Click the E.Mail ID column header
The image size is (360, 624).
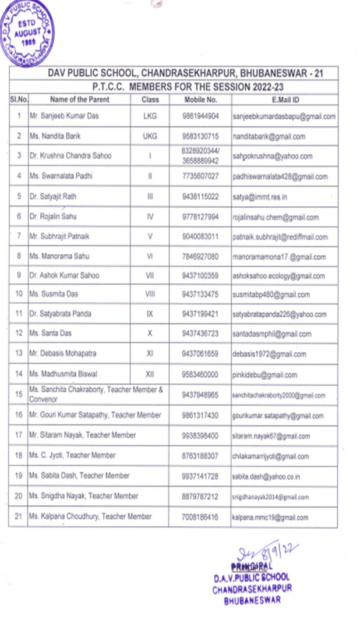tap(284, 100)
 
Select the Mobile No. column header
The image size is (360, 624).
tap(200, 100)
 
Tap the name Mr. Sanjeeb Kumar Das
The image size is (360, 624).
tap(64, 116)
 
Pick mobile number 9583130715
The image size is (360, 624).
tap(200, 136)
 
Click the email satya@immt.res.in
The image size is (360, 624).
tap(259, 197)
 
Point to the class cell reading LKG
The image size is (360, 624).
tap(150, 116)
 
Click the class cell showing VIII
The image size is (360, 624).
tap(150, 295)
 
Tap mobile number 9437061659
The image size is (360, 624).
tap(200, 354)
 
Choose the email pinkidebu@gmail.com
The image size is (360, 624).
tap(264, 375)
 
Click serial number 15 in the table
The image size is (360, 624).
tap(19, 395)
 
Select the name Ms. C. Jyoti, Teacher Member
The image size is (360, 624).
tap(73, 455)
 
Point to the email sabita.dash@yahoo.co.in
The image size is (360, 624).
tap(266, 476)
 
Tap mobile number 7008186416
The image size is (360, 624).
tap(200, 517)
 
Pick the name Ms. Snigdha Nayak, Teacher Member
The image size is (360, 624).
tap(84, 496)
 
